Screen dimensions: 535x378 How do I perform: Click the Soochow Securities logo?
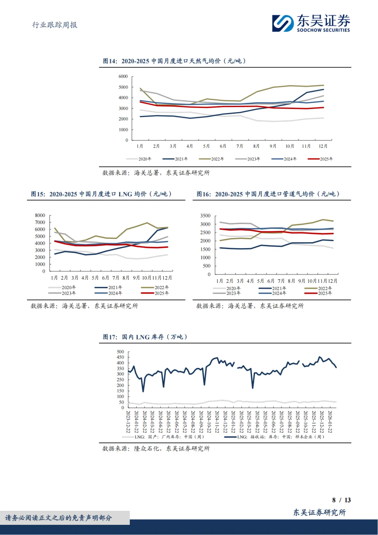311,23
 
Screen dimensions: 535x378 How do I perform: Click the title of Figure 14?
174,61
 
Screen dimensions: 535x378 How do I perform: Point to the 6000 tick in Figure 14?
123,76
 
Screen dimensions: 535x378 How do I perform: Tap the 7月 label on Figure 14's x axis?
240,146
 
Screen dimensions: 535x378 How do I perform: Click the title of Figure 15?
101,194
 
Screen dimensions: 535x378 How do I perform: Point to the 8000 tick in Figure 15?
40,215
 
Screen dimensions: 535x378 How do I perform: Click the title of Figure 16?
268,194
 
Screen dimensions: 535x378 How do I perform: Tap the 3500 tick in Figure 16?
205,216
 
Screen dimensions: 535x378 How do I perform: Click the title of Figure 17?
145,337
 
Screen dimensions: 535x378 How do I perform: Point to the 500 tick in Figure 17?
120,352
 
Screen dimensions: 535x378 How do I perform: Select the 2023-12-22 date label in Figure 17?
128,422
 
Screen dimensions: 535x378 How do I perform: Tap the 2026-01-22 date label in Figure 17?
330,422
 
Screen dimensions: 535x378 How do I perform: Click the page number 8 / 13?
341,500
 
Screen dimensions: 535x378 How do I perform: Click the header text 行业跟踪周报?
55,25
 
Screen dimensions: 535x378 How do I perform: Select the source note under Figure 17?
156,448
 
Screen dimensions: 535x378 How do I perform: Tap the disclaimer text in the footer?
58,518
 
